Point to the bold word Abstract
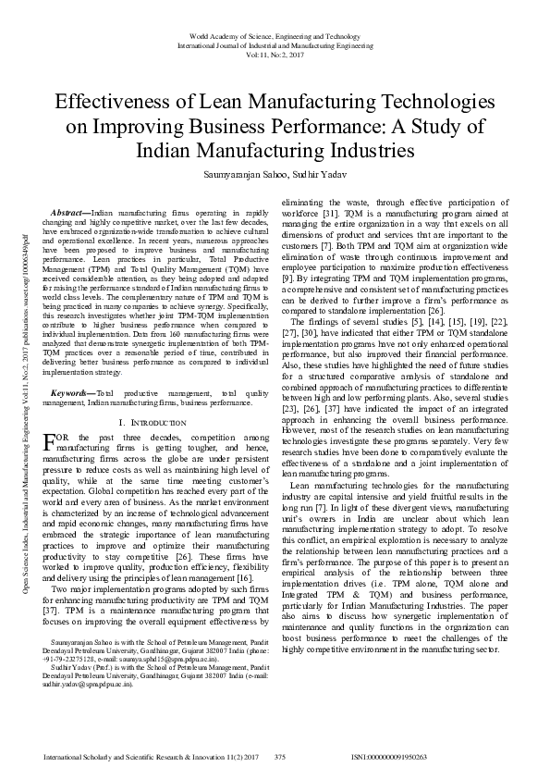coord(69,213)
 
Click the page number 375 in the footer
coord(280,757)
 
